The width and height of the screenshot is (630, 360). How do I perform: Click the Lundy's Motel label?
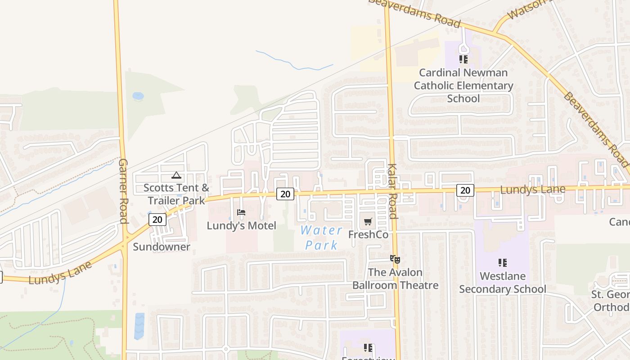tap(241, 225)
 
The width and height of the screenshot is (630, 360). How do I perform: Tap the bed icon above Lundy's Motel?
tap(241, 212)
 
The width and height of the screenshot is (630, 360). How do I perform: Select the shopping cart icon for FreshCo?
tap(368, 221)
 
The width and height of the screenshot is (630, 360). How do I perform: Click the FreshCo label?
tap(368, 234)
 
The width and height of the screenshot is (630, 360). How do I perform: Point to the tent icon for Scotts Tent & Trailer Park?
tap(176, 175)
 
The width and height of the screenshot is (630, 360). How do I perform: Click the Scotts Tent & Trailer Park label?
tap(176, 194)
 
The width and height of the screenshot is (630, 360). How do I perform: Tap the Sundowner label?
tap(162, 247)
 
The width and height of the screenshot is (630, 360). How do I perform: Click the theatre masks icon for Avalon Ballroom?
tap(395, 259)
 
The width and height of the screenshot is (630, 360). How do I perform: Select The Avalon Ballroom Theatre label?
tap(395, 279)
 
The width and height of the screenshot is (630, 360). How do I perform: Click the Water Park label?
tap(321, 238)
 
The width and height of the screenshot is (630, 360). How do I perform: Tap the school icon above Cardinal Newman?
tap(463, 59)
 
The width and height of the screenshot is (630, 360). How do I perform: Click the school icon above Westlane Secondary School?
tap(503, 263)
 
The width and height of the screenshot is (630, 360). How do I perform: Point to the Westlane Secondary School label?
tap(503, 282)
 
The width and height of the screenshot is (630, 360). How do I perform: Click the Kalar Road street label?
tap(392, 191)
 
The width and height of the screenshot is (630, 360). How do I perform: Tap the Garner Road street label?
tap(123, 191)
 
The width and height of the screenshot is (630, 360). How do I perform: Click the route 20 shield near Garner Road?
tap(157, 220)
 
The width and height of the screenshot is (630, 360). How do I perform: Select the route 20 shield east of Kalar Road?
tap(465, 190)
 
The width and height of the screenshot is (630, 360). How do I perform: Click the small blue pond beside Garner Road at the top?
tap(138, 96)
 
